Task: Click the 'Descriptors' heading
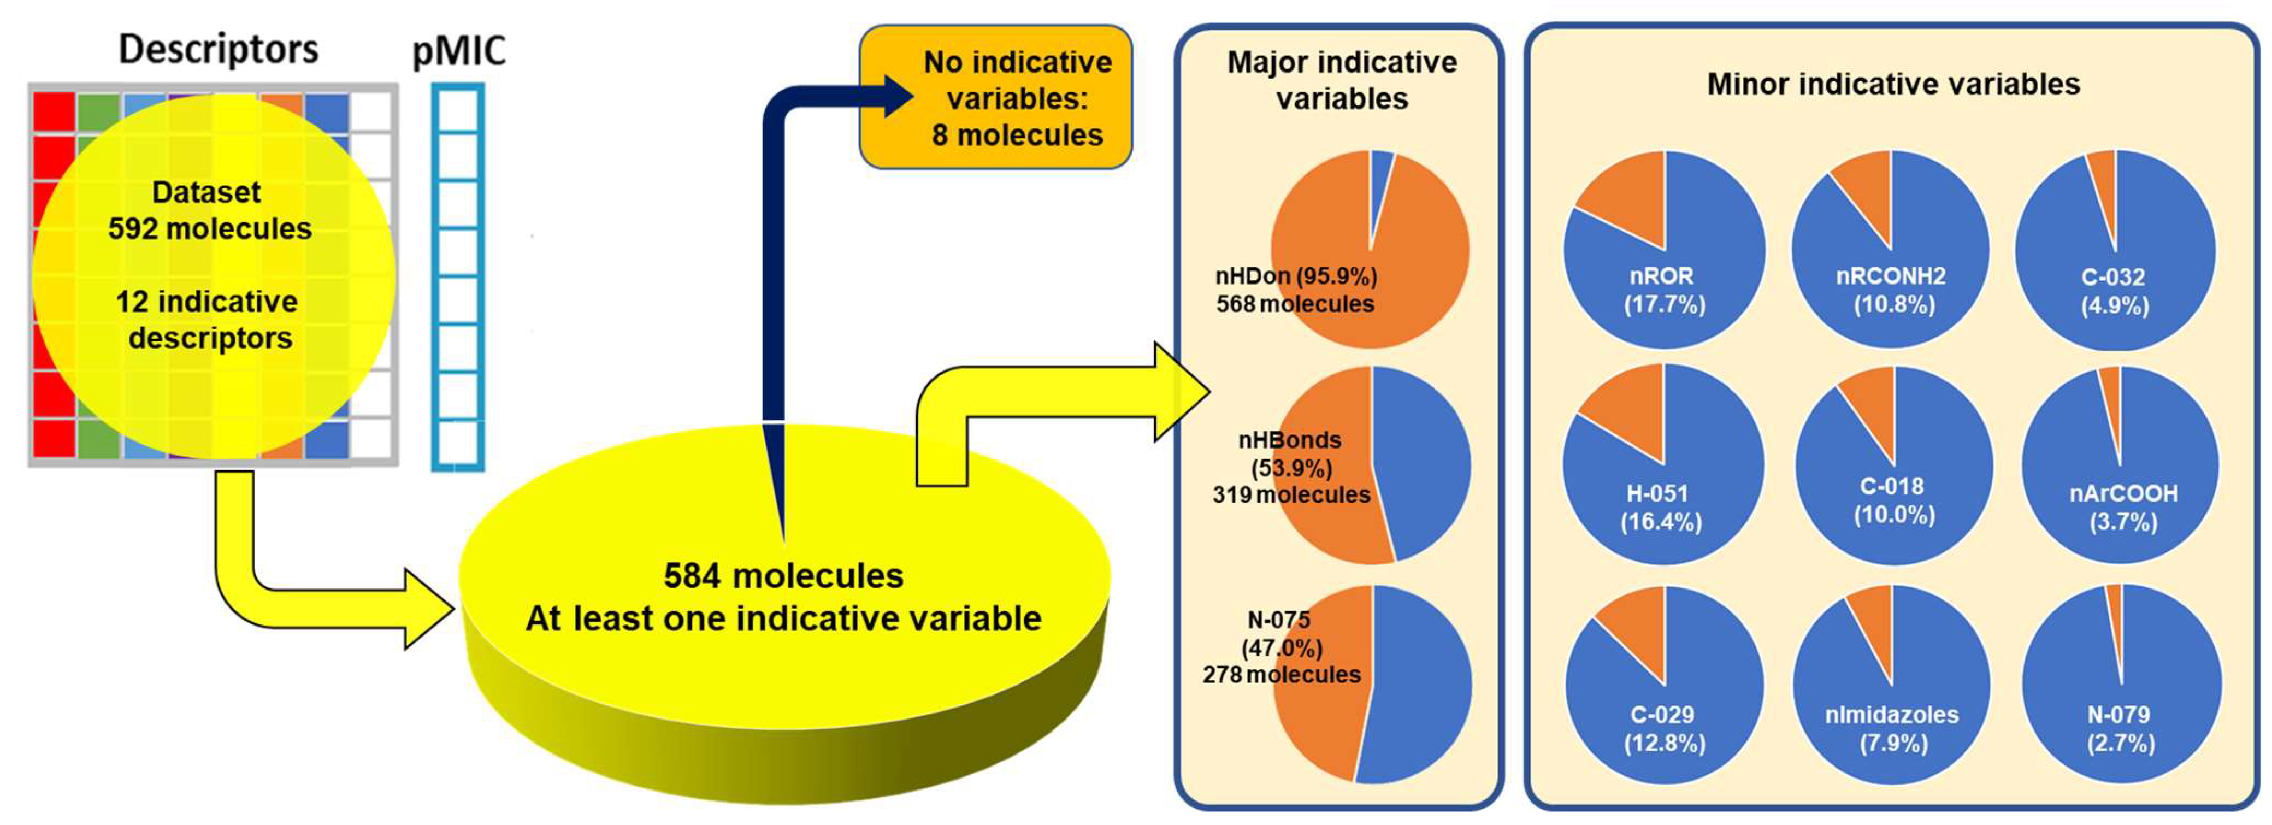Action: point(218,49)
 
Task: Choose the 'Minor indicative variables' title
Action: point(1893,84)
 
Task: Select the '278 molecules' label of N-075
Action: point(1282,675)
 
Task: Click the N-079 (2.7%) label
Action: point(2120,728)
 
